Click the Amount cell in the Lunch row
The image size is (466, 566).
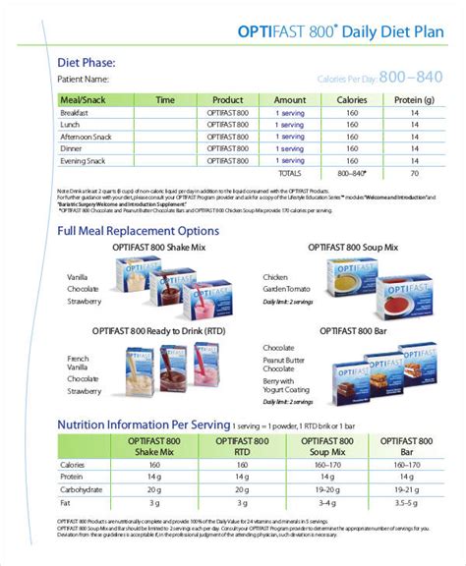(289, 125)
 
